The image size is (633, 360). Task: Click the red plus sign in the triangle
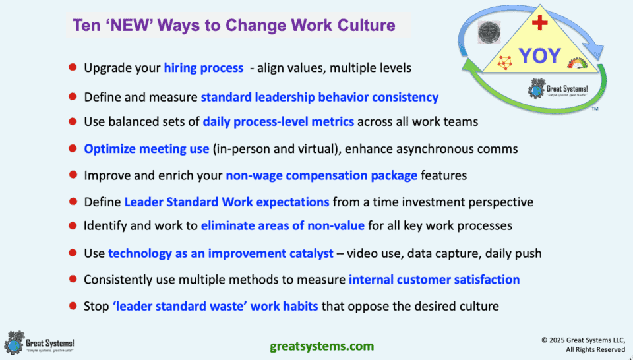[540, 24]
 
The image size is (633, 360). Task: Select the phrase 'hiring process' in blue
[200, 67]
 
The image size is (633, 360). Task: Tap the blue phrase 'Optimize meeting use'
[146, 148]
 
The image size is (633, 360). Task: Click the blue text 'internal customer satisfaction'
[434, 280]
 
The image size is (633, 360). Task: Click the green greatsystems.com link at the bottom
[322, 345]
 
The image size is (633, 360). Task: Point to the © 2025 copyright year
[563, 340]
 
